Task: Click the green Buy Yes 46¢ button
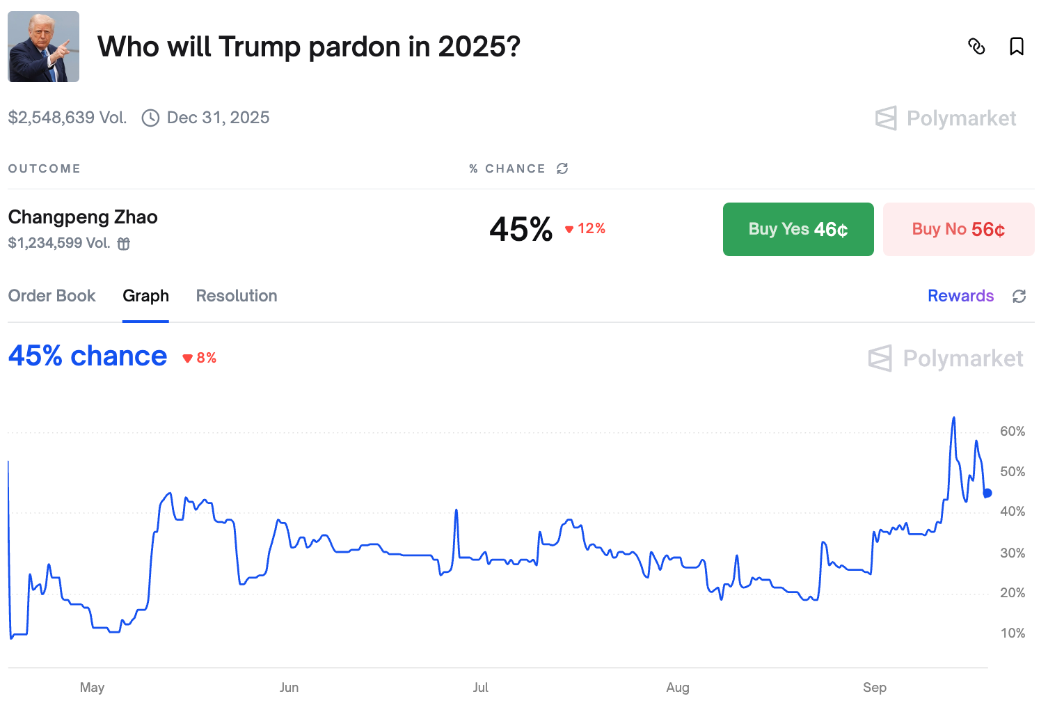click(797, 229)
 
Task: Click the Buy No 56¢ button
click(958, 229)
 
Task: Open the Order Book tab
click(52, 296)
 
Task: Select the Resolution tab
click(237, 296)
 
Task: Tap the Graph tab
click(145, 296)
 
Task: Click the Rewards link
click(960, 296)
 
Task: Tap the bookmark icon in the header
click(1016, 47)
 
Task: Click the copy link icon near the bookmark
click(976, 47)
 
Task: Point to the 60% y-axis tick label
click(1012, 432)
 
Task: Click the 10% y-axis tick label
click(1012, 633)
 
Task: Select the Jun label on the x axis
click(289, 688)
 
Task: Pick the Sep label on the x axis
click(874, 688)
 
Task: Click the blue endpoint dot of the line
click(987, 493)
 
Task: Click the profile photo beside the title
click(44, 47)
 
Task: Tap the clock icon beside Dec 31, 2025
click(150, 118)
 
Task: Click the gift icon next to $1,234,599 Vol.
click(124, 244)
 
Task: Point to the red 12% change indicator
click(585, 229)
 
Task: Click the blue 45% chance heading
click(88, 356)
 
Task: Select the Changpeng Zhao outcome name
click(83, 217)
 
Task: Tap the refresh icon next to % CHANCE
click(562, 168)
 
